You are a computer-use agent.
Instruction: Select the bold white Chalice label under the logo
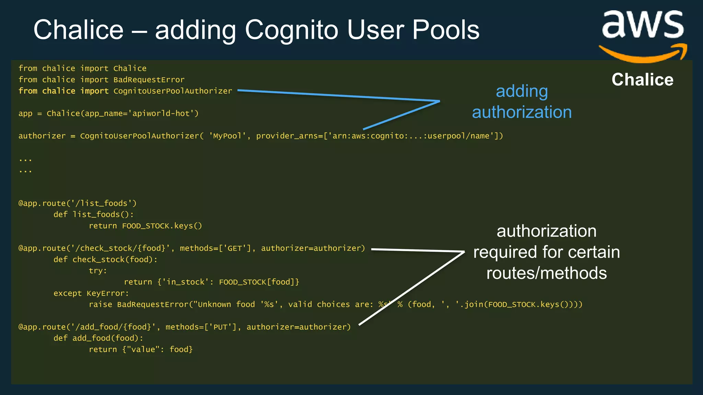click(x=642, y=80)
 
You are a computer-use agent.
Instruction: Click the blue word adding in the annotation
click(x=522, y=92)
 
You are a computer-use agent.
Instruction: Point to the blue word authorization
click(x=522, y=112)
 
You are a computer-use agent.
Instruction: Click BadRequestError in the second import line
click(x=149, y=80)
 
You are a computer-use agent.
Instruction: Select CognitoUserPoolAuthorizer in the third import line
click(x=173, y=91)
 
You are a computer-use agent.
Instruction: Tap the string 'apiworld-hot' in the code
click(x=163, y=113)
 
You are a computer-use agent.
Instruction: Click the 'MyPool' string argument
click(x=227, y=136)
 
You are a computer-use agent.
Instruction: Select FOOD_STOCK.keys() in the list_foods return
click(x=162, y=226)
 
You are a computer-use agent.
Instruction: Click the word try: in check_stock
click(x=98, y=271)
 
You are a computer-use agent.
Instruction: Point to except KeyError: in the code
click(x=91, y=294)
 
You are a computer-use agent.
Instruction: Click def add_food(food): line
click(x=98, y=338)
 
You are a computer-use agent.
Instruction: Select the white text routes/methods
click(x=546, y=273)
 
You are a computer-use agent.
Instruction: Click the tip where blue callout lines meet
click(x=439, y=101)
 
